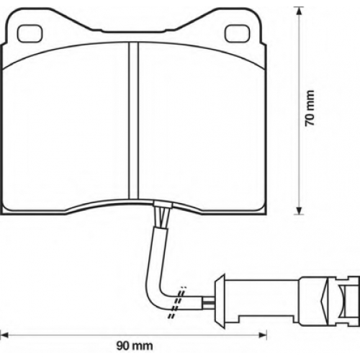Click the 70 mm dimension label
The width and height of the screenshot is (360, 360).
310,108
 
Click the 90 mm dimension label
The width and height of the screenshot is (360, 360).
135,346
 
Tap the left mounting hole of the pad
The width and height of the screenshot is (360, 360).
30,33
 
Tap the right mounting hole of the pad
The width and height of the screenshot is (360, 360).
238,33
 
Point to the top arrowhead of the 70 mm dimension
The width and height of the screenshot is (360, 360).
299,11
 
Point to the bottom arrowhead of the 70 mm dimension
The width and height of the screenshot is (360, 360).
299,210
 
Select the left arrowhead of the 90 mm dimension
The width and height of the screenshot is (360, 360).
4,335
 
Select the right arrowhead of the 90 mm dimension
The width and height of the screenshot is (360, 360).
263,335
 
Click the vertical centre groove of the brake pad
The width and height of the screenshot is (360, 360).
134,121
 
